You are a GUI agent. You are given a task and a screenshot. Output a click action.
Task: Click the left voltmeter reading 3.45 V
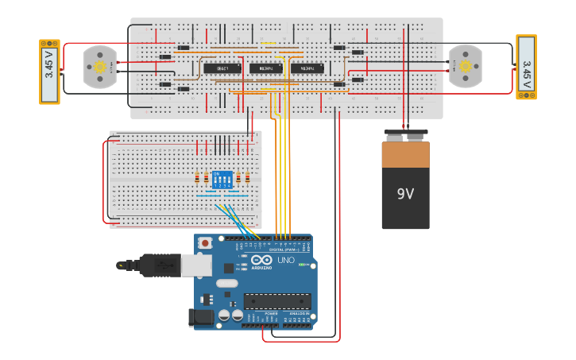49,72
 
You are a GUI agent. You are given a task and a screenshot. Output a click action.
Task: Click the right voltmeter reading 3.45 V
526,67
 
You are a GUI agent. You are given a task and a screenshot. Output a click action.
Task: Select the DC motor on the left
100,67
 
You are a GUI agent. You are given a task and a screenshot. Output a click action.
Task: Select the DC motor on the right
465,66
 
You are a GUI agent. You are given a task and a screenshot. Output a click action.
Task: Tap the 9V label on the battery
405,193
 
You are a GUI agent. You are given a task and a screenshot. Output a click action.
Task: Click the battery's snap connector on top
405,135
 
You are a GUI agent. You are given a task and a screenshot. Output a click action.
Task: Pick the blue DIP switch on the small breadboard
222,180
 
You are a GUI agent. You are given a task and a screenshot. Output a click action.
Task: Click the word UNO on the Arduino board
286,261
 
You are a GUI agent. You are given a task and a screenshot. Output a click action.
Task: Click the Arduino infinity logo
261,260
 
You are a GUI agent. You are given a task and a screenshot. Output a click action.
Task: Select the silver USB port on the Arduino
196,265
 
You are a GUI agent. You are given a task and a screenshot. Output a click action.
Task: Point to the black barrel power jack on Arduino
202,318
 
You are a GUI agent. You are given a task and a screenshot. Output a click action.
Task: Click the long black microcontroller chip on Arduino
276,301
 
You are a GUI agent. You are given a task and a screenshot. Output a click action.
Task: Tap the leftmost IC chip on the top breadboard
222,68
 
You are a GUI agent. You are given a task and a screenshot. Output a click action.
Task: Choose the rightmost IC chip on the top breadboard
307,68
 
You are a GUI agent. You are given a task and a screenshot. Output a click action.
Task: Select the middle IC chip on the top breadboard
265,68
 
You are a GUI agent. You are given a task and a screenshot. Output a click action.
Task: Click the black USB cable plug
159,265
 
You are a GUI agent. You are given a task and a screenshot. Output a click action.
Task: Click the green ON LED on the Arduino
303,265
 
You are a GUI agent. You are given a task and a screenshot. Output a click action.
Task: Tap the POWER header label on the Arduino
271,314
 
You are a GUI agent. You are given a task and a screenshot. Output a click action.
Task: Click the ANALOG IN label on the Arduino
298,314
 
